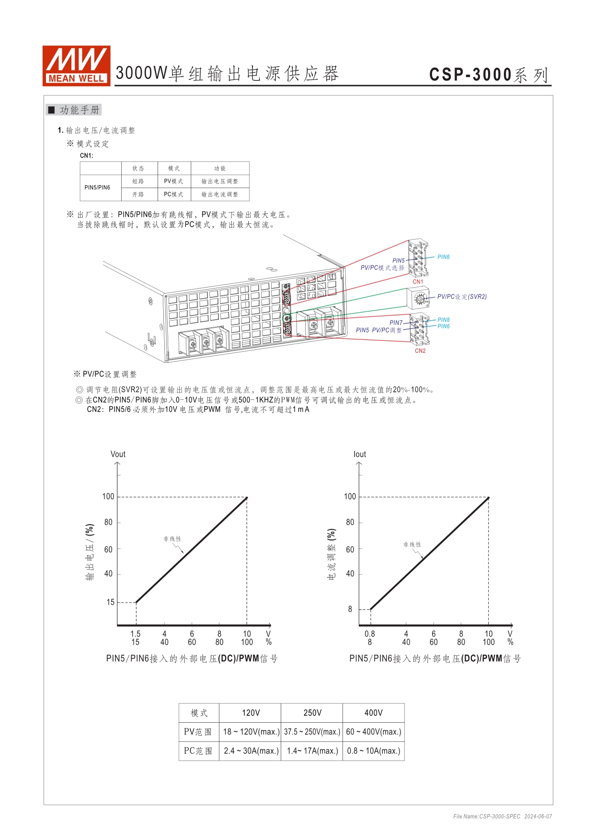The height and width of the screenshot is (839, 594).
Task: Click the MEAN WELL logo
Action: [76, 66]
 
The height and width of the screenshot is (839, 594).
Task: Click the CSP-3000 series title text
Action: [489, 75]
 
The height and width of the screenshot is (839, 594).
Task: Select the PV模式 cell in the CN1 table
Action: [173, 181]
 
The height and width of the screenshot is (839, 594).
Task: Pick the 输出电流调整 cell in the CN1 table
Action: [219, 194]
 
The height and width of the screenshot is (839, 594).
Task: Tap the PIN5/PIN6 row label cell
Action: [97, 188]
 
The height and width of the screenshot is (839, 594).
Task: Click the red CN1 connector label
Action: [418, 282]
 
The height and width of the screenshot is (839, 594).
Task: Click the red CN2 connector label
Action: [420, 351]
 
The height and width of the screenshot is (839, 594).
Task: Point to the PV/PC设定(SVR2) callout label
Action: [462, 297]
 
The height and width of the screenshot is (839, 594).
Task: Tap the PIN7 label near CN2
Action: [396, 323]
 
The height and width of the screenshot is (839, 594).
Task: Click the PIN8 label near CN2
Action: [444, 320]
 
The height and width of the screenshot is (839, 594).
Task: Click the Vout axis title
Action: [118, 454]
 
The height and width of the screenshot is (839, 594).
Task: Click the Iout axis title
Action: [360, 454]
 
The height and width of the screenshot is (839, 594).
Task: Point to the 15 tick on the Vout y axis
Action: [111, 602]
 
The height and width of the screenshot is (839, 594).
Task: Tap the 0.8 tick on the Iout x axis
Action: [370, 634]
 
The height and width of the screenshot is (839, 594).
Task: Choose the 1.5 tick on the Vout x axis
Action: [136, 634]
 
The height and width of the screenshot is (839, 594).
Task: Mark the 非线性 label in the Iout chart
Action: [412, 545]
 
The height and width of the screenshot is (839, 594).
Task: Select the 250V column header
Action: [312, 713]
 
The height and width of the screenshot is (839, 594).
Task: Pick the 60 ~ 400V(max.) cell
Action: [374, 732]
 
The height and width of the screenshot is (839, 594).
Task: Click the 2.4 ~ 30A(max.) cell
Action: [251, 751]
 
